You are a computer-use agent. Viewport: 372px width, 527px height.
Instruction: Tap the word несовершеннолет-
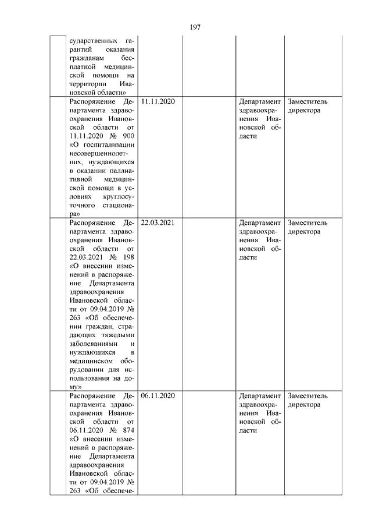click(x=102, y=153)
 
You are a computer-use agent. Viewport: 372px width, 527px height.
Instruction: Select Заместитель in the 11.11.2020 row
click(x=307, y=102)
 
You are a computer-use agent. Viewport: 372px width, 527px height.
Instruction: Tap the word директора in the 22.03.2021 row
click(x=304, y=231)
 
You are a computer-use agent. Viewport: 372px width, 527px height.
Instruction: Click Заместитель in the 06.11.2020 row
click(x=307, y=396)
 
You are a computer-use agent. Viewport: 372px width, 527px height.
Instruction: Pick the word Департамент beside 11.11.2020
click(x=260, y=102)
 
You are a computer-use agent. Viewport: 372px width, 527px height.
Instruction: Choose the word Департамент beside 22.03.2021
click(x=260, y=222)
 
